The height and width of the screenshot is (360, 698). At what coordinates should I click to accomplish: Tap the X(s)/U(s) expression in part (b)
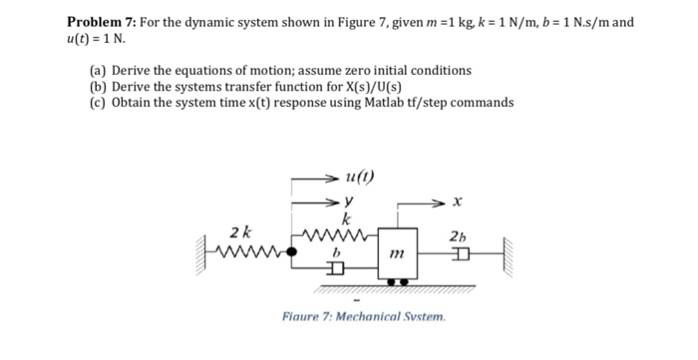359,86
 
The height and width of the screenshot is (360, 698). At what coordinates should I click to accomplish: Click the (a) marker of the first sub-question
97,71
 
